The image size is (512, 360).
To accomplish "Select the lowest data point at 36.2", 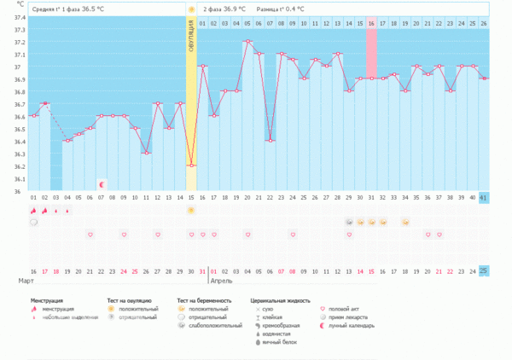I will (x=191, y=165).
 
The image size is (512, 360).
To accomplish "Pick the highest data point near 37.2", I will (x=247, y=41).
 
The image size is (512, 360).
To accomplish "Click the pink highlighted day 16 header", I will (x=371, y=24).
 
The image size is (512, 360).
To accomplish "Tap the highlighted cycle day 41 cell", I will (x=484, y=198).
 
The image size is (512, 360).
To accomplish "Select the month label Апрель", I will (x=221, y=280).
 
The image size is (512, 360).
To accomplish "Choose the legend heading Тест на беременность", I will (x=204, y=300).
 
